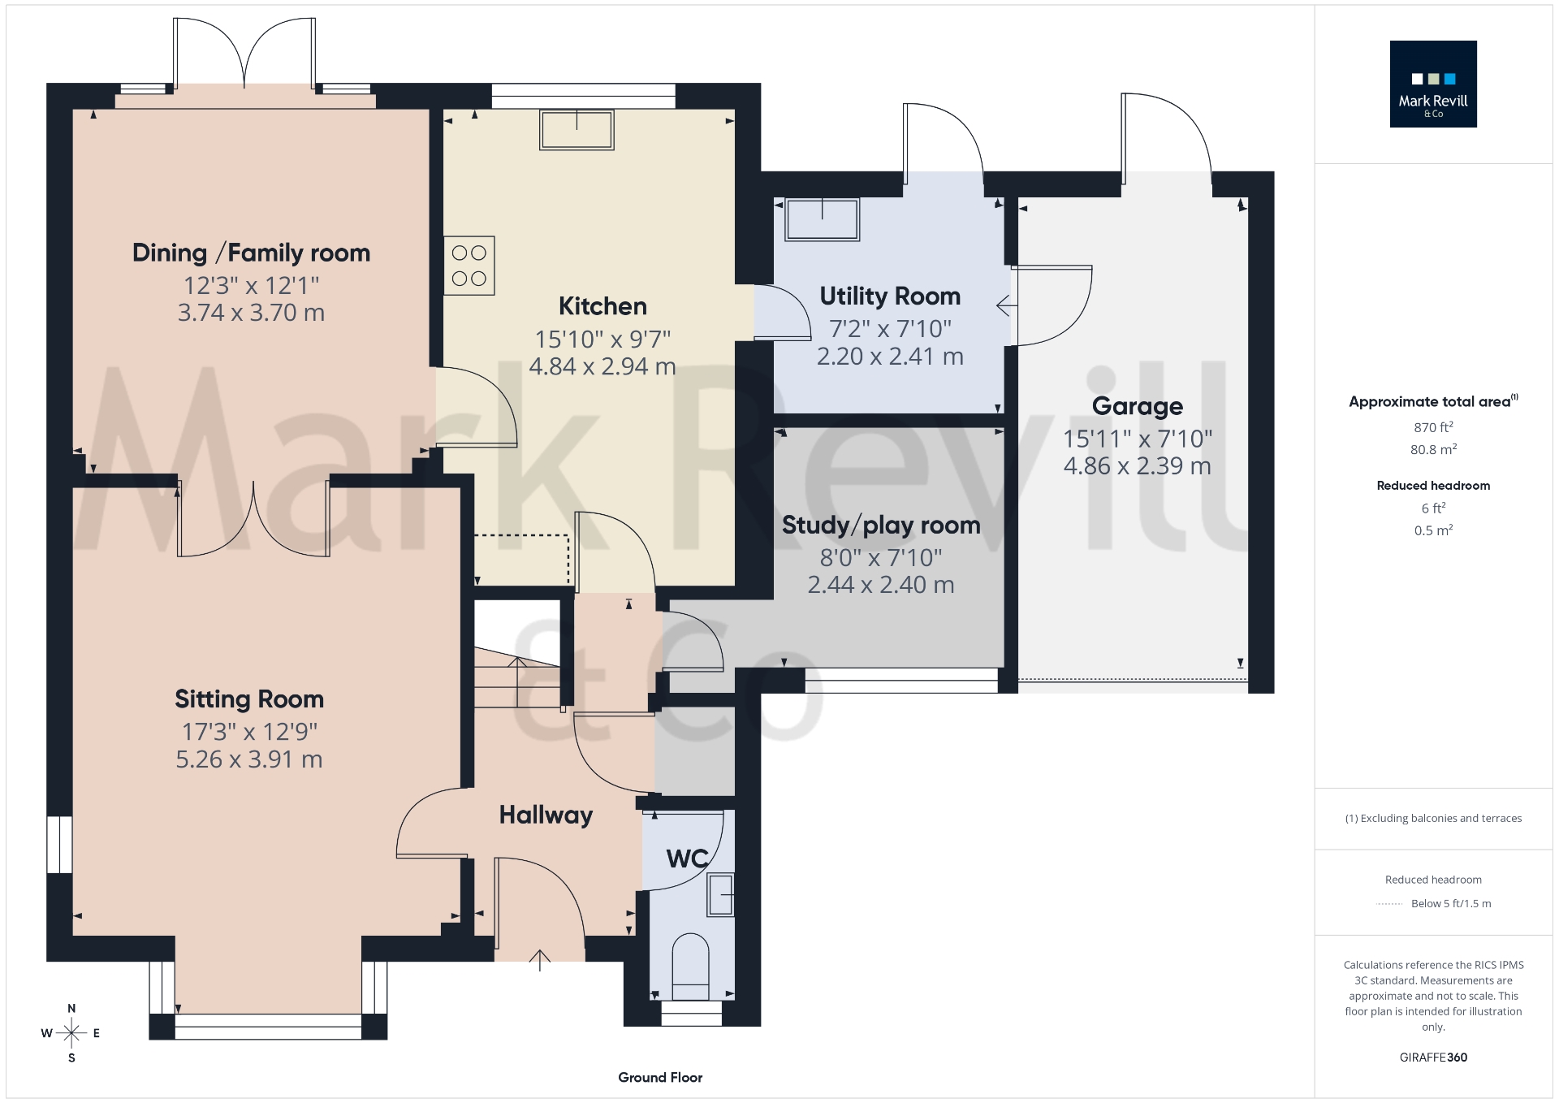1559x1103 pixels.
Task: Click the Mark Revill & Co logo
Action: pos(1432,84)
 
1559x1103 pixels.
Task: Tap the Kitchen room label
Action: pos(602,306)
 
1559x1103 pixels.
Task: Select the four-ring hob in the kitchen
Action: pos(469,266)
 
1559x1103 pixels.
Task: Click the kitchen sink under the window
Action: pos(577,131)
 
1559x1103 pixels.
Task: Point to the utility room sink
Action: pos(822,219)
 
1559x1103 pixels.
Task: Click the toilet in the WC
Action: pos(690,967)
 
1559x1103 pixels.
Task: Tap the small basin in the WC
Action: pos(720,895)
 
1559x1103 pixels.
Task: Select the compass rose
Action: pos(71,1033)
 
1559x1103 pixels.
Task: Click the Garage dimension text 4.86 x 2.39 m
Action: pos(1137,466)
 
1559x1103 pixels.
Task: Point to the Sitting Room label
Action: pos(249,699)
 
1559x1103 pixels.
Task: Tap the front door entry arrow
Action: pos(540,960)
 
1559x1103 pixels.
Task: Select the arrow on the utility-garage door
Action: pos(1006,305)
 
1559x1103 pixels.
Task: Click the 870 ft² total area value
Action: pos(1432,427)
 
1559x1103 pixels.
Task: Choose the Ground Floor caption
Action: pos(660,1077)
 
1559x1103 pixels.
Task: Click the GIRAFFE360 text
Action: pos(1433,1058)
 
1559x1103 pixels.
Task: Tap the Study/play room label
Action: pos(881,526)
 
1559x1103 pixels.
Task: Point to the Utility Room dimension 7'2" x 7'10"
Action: pos(890,329)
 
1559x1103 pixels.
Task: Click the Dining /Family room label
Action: pos(251,253)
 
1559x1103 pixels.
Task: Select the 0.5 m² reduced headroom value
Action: pos(1432,530)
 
